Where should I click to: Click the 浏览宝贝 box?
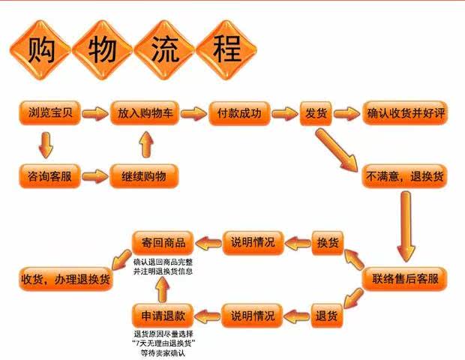click(46, 114)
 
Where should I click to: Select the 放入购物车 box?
click(145, 114)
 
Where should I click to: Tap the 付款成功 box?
click(234, 114)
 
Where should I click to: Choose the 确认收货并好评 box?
click(404, 114)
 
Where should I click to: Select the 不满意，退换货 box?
click(404, 177)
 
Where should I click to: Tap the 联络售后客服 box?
click(404, 279)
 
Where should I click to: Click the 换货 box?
click(328, 242)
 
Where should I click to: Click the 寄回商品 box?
click(163, 241)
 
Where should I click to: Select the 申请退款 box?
click(163, 313)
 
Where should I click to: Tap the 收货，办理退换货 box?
click(65, 279)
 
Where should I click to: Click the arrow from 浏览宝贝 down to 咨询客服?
click(46, 145)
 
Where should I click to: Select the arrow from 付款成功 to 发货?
click(284, 114)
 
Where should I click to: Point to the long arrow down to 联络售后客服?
click(406, 225)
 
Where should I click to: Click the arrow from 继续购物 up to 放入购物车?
click(145, 145)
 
